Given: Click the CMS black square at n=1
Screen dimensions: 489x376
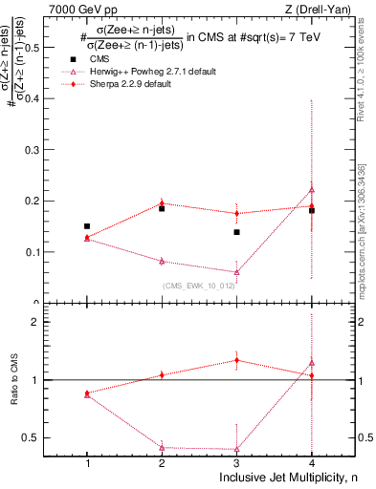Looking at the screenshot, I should coord(87,226).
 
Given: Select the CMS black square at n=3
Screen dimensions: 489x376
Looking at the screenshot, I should coord(236,232).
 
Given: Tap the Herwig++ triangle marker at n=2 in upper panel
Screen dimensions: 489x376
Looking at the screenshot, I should coord(162,261).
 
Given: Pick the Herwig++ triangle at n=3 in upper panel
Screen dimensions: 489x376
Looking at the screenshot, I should coord(236,272).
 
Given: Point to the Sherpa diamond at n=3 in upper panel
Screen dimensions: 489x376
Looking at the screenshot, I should coord(236,213).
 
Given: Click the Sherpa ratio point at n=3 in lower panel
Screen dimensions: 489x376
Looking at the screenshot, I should coord(236,360).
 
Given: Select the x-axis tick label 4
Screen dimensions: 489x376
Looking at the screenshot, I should coord(312,463).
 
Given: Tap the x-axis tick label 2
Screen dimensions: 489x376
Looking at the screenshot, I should coord(162,463).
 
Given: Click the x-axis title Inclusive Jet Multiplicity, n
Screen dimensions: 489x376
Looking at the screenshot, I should coord(284,478).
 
